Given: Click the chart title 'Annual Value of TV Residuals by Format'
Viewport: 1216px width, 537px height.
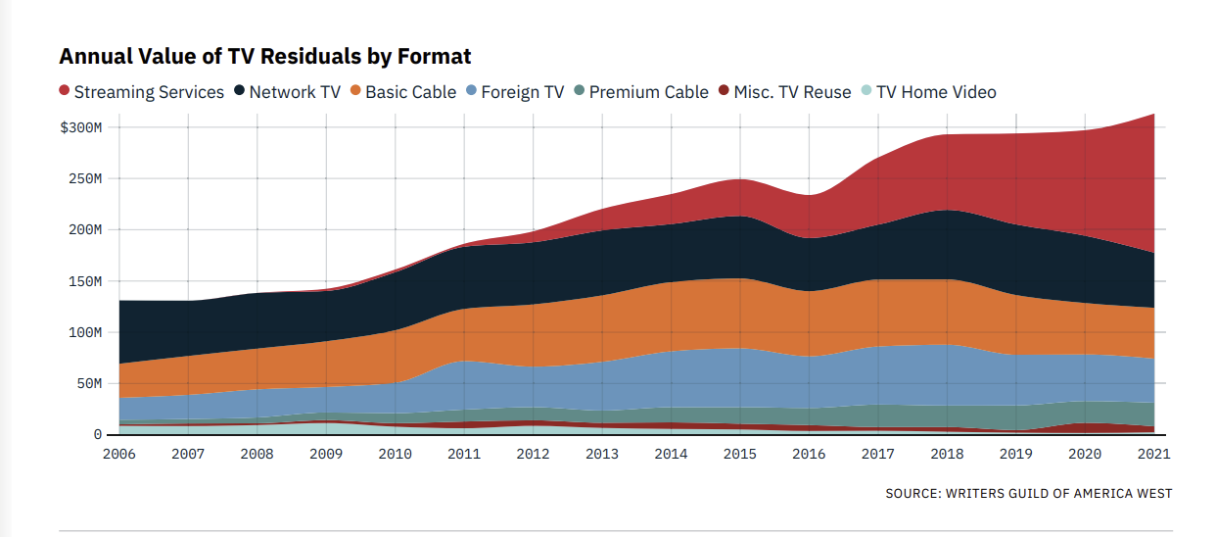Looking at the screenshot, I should (264, 57).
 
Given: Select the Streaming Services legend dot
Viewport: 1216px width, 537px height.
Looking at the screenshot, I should (65, 91).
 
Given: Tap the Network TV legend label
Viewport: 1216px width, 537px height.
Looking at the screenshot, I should (295, 92).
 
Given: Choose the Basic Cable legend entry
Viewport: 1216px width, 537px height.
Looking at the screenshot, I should (410, 92).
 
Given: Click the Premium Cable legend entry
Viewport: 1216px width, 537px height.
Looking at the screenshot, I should (648, 92).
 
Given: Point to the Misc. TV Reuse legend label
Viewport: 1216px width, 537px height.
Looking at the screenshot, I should (792, 92).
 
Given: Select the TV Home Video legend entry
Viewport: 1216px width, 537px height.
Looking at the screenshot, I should (936, 92).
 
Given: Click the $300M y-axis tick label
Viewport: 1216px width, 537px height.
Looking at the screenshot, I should (80, 127).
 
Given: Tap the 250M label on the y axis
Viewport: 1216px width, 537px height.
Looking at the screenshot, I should (84, 178).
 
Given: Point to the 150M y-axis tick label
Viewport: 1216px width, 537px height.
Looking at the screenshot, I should (84, 281).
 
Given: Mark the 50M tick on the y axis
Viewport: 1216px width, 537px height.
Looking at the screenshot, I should (88, 383).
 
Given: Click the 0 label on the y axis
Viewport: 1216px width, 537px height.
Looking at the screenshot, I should (98, 434).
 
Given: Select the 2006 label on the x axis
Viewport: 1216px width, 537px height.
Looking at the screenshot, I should (118, 455).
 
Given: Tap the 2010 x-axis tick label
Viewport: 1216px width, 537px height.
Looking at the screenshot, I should (395, 455).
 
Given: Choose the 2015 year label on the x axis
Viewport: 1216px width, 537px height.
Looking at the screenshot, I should (740, 455).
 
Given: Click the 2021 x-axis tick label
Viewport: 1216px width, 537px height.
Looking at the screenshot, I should (1153, 455).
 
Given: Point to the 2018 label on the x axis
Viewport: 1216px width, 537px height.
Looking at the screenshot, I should (947, 455).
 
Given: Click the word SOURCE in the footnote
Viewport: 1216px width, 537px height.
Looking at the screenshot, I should (912, 493).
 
